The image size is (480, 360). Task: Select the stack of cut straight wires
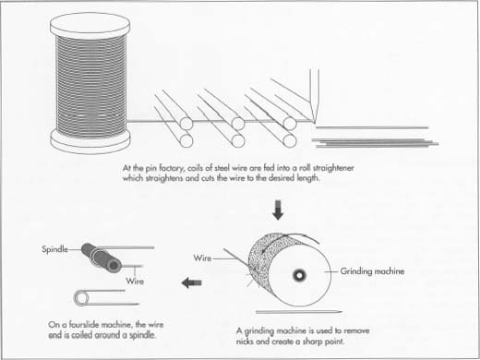click(369, 138)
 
